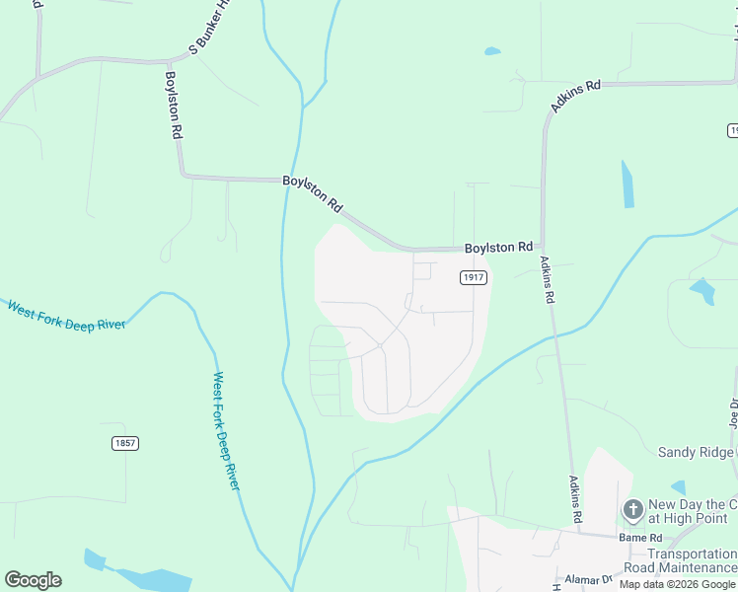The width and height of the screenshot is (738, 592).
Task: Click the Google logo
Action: pos(33,580)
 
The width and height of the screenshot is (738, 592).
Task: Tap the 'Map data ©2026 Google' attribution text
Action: pos(678,584)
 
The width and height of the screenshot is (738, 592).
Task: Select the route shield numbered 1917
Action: pos(474,278)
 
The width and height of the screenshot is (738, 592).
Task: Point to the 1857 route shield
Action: pos(124,443)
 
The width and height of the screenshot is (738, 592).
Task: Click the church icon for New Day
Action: pos(632,510)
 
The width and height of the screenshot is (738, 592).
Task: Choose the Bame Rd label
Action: pos(639,537)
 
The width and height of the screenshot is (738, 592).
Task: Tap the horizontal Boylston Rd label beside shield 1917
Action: pos(498,247)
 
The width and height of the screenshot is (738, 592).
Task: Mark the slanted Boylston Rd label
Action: pos(313,193)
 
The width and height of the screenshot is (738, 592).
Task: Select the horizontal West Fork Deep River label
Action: pos(66,317)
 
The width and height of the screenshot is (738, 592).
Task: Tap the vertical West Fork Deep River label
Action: pos(227,430)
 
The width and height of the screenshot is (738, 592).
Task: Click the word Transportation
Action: pos(692,555)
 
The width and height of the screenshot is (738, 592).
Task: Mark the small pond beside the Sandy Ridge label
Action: pos(678,487)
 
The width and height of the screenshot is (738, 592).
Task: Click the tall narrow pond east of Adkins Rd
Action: pos(627,184)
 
